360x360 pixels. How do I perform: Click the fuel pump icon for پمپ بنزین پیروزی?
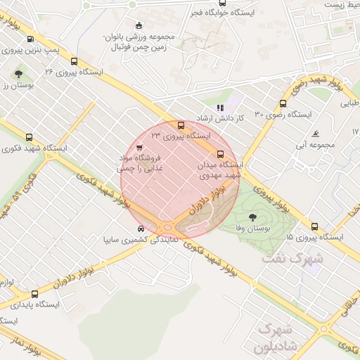pos(30,39)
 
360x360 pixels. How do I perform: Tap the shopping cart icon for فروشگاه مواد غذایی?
pos(139,147)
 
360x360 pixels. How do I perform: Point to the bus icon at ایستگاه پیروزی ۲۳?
pos(181,124)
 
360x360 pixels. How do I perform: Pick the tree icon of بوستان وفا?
pos(252,216)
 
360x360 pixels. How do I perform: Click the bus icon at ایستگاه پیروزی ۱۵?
pos(314,226)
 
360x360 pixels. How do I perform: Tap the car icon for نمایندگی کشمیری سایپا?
pos(141,229)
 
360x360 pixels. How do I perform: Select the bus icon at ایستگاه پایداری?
pos(11,304)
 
